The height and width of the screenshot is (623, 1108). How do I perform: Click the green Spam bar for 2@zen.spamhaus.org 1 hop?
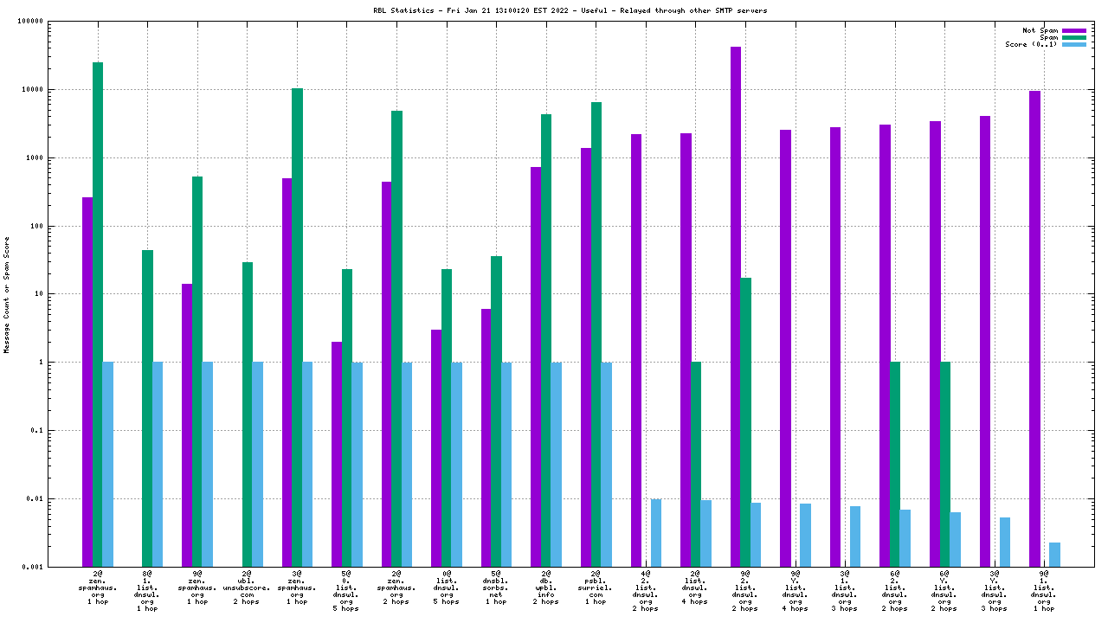(x=98, y=311)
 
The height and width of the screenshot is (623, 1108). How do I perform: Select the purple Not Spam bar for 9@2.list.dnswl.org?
(x=736, y=303)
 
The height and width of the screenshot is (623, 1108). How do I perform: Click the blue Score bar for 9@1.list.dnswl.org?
(x=1054, y=554)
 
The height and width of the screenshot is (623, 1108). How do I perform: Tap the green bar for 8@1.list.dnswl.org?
(x=147, y=408)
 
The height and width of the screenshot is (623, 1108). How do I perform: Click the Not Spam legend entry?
(x=1040, y=30)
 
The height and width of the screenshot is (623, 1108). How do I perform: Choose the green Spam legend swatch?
(x=1073, y=37)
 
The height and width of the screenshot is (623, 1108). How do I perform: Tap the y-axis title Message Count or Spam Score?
(x=7, y=294)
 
